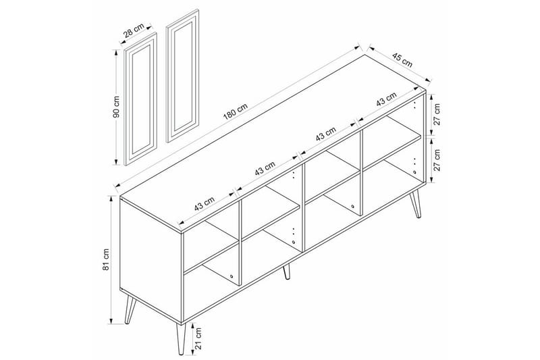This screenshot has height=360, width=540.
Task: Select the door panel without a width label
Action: pyautogui.click(x=182, y=75)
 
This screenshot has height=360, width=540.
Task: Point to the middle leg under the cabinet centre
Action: pyautogui.click(x=287, y=271)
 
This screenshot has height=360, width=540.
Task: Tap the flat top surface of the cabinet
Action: pyautogui.click(x=270, y=142)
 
